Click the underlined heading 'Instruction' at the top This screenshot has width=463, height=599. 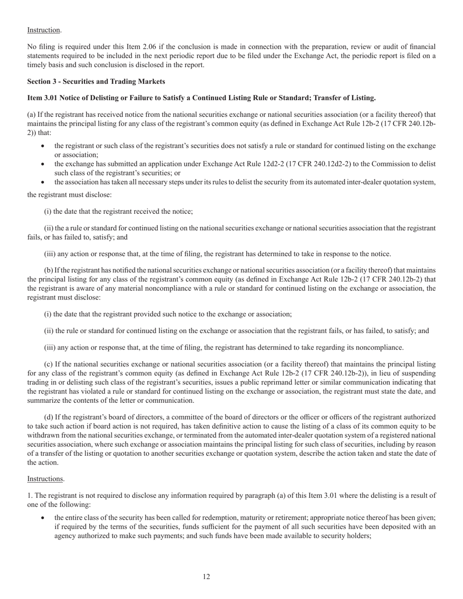coord(43,30)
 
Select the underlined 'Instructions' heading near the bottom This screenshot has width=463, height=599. coord(45,479)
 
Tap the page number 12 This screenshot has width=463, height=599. coord(207,577)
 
